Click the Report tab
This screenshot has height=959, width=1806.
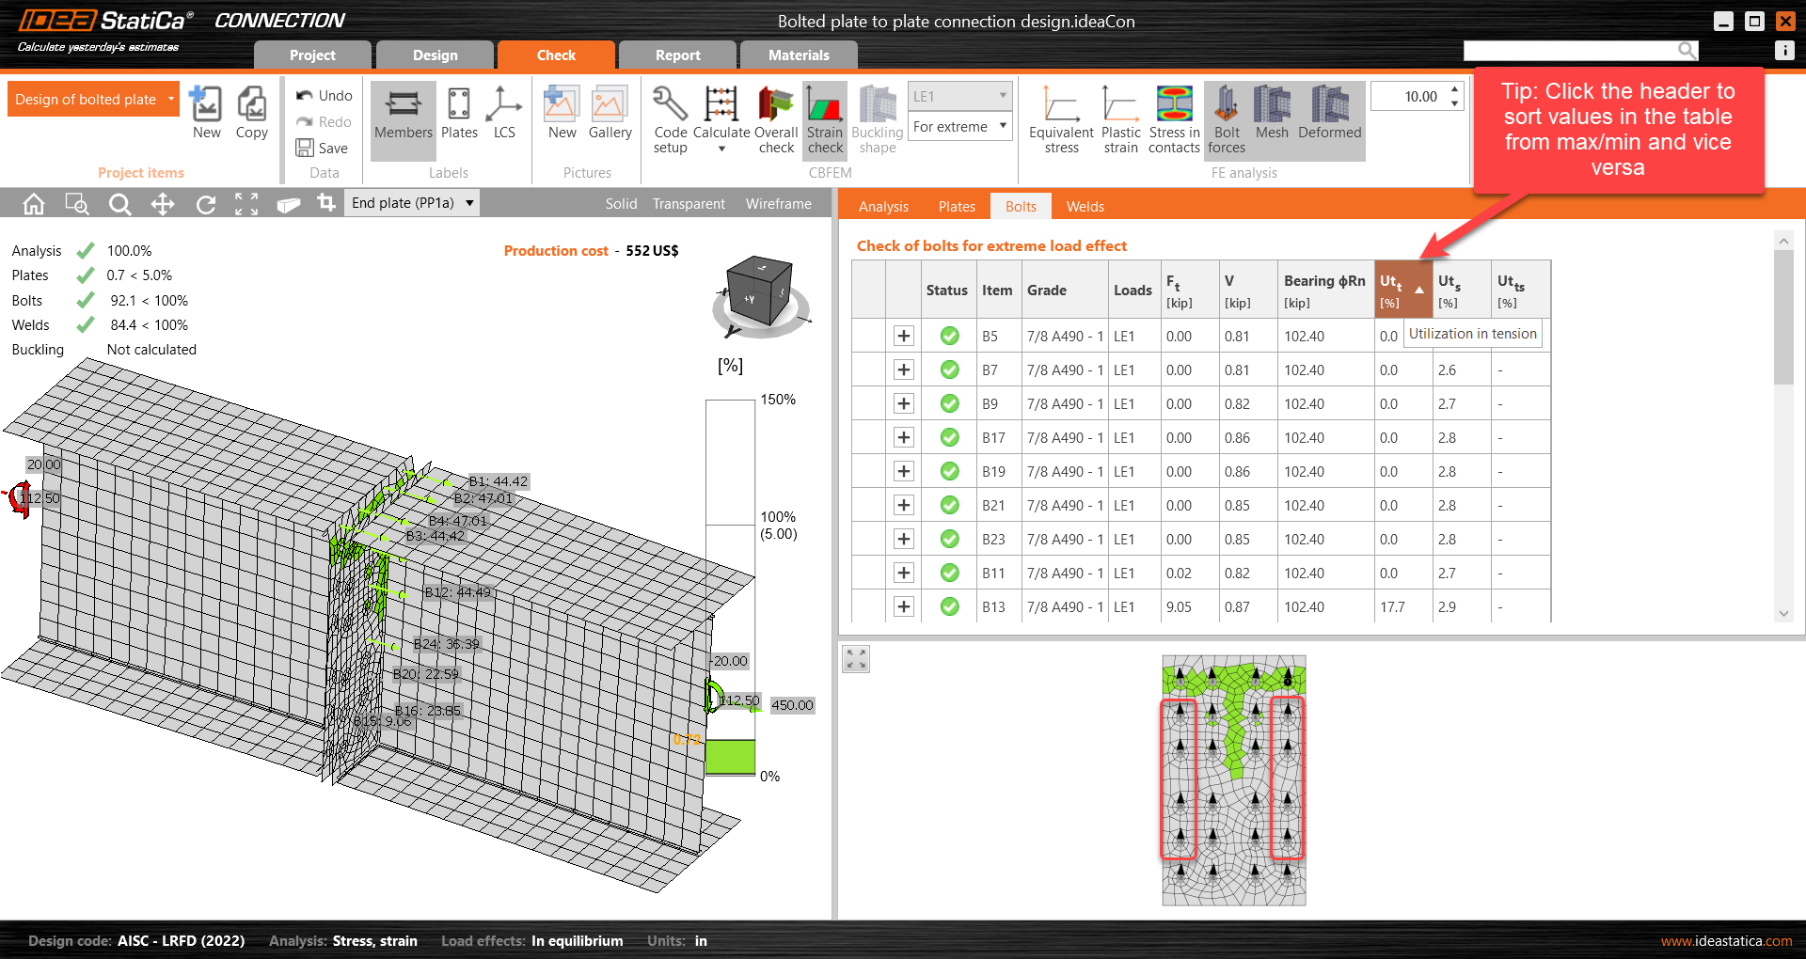(x=677, y=55)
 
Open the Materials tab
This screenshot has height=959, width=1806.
(x=799, y=55)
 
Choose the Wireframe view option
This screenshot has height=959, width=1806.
(x=778, y=204)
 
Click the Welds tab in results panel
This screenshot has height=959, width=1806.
(x=1085, y=207)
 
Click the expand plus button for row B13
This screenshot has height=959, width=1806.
(x=903, y=607)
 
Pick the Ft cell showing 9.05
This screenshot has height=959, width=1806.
(x=1179, y=607)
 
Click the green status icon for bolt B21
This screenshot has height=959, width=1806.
(x=949, y=506)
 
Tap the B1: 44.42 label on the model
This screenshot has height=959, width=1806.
(x=499, y=481)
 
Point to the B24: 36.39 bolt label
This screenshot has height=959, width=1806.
(x=447, y=644)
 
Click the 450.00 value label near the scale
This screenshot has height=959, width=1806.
(x=792, y=705)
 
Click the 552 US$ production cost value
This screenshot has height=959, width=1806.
(x=652, y=251)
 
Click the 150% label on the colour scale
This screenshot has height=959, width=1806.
(x=778, y=400)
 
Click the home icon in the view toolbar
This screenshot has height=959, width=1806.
(x=34, y=204)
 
